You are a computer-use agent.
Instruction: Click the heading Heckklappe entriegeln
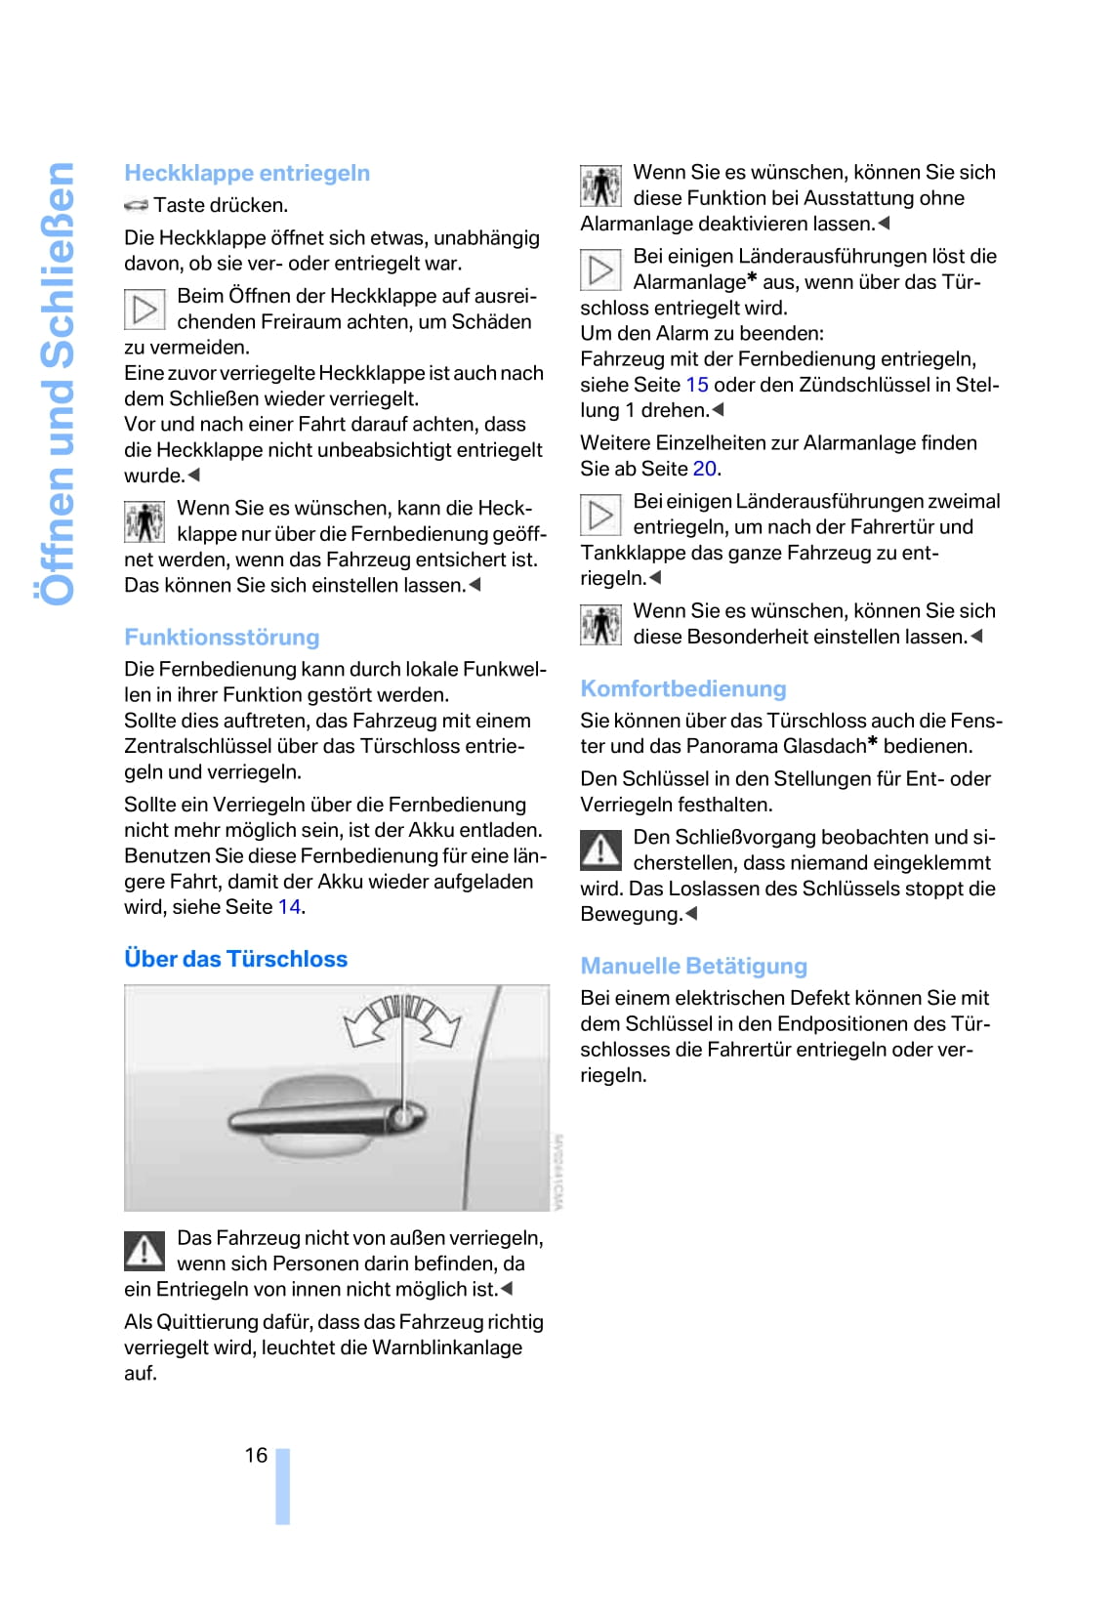click(x=247, y=173)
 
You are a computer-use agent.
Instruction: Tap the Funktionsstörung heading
click(x=222, y=637)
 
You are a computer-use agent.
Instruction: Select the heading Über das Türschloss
click(x=235, y=959)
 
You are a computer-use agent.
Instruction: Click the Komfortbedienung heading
click(x=683, y=688)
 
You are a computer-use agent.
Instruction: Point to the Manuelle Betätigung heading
click(x=693, y=966)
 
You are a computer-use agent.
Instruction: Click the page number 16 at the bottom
click(x=256, y=1456)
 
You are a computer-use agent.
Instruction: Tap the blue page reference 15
click(x=697, y=385)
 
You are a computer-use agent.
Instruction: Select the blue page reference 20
click(x=704, y=469)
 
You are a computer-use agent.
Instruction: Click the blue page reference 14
click(x=289, y=907)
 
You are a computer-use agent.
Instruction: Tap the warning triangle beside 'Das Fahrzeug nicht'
click(x=145, y=1250)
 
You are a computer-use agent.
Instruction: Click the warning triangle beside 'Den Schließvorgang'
click(x=600, y=849)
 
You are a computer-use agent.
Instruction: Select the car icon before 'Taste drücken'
click(x=137, y=205)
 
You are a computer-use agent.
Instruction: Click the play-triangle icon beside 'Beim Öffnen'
click(x=145, y=310)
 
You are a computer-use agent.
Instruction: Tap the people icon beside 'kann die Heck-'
click(x=145, y=521)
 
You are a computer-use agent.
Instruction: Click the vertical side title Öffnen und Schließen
click(x=58, y=384)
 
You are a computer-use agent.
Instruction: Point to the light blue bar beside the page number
click(x=283, y=1486)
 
